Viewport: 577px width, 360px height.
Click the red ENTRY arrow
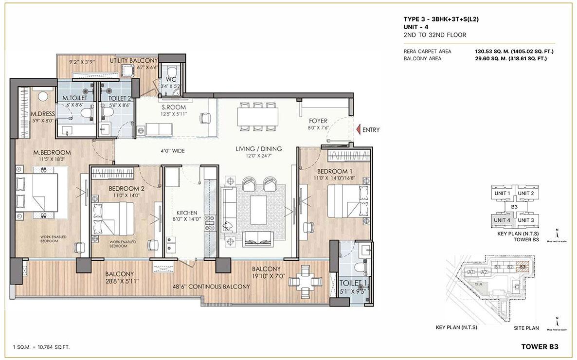358,130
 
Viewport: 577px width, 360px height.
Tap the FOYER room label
319,121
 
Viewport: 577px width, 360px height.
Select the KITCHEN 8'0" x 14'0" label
187,213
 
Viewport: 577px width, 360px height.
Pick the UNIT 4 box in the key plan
502,220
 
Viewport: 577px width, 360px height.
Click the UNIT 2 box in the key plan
525,194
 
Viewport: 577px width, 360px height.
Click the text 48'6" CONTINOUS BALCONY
210,287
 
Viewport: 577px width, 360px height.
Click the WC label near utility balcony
170,79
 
